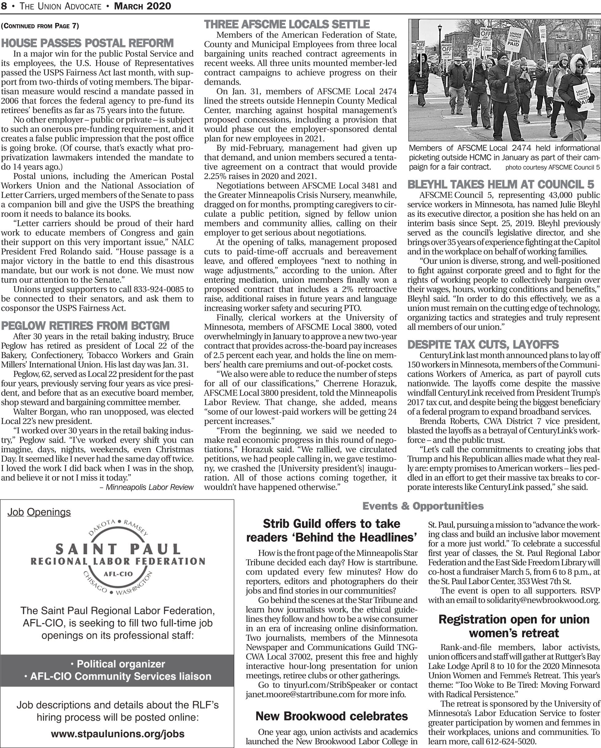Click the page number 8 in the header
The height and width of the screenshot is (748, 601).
coord(3,6)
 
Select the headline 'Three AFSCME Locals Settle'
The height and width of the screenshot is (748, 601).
coord(287,24)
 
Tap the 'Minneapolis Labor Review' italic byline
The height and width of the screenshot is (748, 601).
coord(149,487)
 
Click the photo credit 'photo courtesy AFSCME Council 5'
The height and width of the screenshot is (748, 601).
coord(552,167)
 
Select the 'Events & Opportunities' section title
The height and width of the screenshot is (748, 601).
coord(423,506)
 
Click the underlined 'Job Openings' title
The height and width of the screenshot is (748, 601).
coord(39,512)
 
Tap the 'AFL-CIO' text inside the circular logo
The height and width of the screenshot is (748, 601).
coord(118,574)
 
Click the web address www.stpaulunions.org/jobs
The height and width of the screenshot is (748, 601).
coord(117,724)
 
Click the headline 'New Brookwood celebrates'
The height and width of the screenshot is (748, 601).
coord(332,716)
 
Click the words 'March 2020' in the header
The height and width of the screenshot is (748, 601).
coord(142,6)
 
